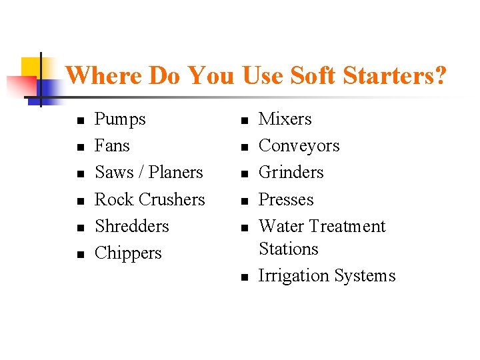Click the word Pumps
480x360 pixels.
[120, 119]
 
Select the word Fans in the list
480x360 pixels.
[112, 145]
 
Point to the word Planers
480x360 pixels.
[175, 172]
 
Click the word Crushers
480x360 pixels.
[171, 199]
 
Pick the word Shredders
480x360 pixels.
[132, 226]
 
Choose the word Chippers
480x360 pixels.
[128, 253]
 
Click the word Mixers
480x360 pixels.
[285, 119]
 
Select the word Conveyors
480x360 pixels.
[299, 145]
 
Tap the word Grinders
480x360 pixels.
[291, 172]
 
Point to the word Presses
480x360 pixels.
[285, 199]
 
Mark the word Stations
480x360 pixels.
[288, 249]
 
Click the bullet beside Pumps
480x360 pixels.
[80, 121]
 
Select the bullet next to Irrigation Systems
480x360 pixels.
[244, 277]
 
